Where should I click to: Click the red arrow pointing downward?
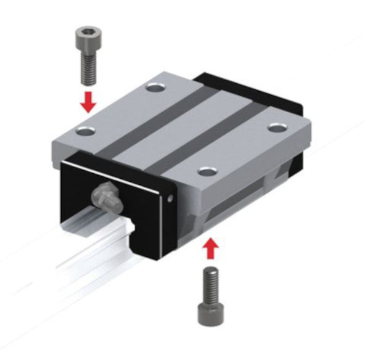[x=89, y=102]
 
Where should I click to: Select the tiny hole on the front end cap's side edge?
[x=171, y=198]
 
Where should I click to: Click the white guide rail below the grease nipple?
[x=99, y=240]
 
